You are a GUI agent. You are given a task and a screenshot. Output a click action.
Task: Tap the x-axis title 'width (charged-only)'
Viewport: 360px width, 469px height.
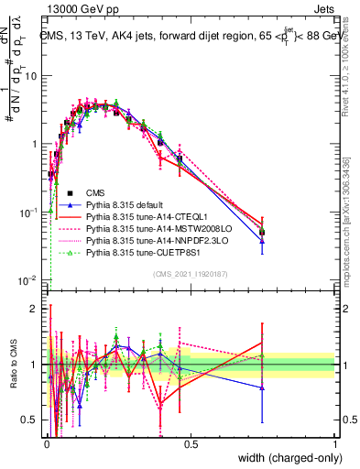pyautogui.click(x=284, y=458)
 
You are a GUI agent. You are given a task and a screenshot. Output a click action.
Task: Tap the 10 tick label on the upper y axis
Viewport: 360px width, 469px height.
pyautogui.click(x=31, y=76)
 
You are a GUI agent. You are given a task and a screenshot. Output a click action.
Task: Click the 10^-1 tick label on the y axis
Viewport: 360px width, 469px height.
pyautogui.click(x=28, y=212)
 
